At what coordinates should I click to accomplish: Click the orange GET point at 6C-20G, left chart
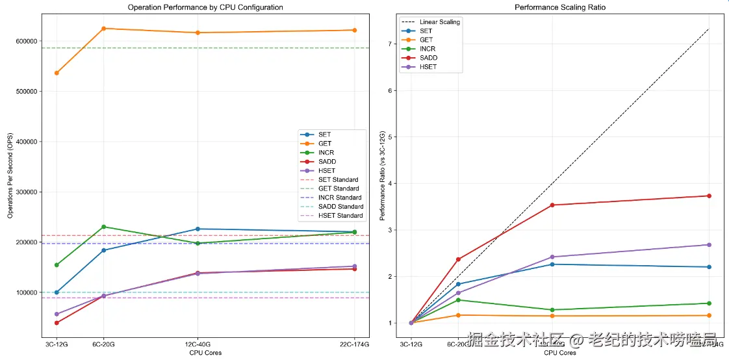[x=104, y=29]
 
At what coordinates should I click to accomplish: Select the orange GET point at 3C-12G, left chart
[x=57, y=73]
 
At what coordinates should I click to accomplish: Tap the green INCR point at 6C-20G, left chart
[x=104, y=227]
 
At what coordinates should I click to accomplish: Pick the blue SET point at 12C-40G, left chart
[x=198, y=229]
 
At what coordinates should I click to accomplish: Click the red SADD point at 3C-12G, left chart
[x=57, y=323]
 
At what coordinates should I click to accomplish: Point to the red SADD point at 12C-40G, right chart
[x=552, y=205]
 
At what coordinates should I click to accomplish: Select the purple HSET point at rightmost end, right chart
[x=709, y=245]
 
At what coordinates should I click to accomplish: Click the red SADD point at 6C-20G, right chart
[x=458, y=259]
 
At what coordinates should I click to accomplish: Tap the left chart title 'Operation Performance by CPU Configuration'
[x=205, y=8]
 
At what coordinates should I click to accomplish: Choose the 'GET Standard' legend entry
[x=338, y=188]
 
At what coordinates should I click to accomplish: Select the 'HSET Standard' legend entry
[x=340, y=216]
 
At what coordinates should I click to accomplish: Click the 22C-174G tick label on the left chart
[x=354, y=344]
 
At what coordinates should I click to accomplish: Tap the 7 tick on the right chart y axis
[x=390, y=44]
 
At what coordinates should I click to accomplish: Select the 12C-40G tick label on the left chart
[x=198, y=344]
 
